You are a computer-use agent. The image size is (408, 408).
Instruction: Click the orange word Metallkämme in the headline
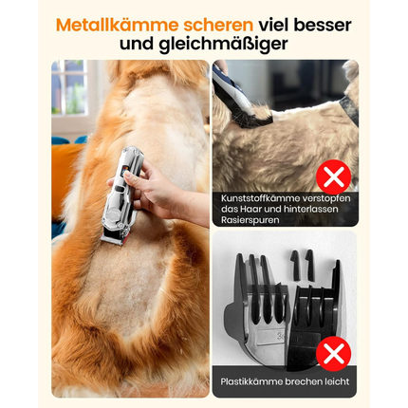pyautogui.click(x=117, y=25)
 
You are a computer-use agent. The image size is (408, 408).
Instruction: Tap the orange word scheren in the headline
pyautogui.click(x=218, y=26)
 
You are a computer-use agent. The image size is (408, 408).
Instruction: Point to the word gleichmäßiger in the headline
pyautogui.click(x=223, y=45)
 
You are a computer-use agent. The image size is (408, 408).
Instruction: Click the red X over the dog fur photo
pyautogui.click(x=333, y=177)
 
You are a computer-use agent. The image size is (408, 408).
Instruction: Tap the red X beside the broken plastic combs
pyautogui.click(x=333, y=354)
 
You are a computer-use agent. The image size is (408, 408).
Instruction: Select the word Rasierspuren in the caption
pyautogui.click(x=250, y=220)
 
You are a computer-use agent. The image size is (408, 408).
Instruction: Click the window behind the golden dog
pyautogui.click(x=69, y=88)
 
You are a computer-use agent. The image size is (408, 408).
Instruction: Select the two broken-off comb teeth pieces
pyautogui.click(x=302, y=266)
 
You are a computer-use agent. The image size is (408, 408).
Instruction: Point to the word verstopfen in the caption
pyautogui.click(x=326, y=198)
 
